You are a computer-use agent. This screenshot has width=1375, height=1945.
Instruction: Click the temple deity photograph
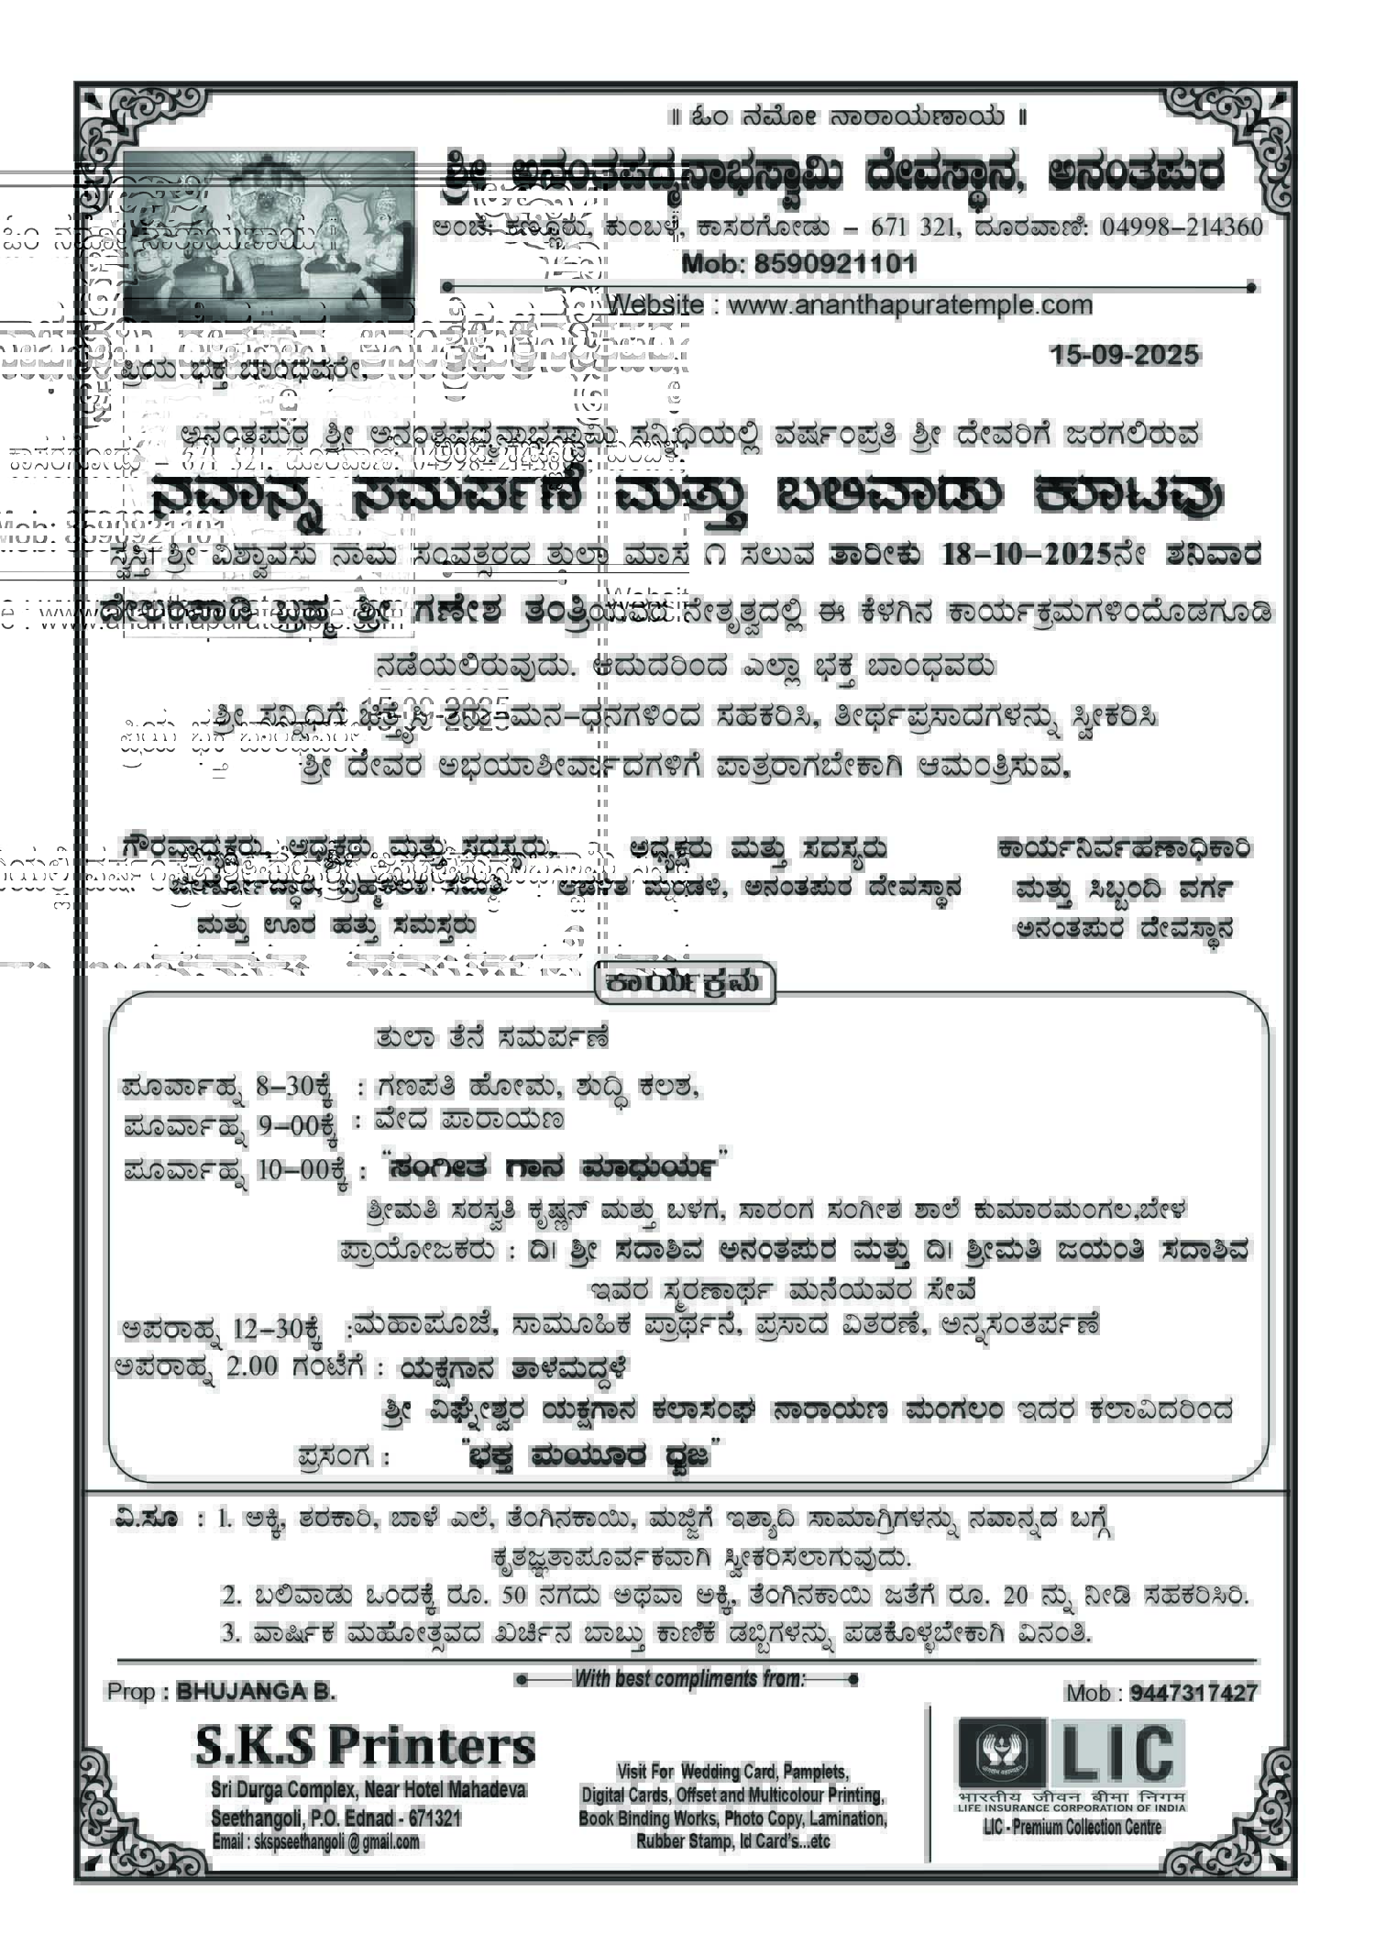268,235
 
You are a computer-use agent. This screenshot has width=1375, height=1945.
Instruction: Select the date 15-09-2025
1125,355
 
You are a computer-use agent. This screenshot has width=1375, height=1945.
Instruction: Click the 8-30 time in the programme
285,1087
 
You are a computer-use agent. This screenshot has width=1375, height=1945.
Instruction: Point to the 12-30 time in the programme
266,1327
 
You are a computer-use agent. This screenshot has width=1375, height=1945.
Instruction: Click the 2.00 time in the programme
251,1366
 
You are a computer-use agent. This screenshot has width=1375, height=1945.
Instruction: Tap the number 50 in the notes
513,1595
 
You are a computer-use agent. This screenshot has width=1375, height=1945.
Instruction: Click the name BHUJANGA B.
257,1690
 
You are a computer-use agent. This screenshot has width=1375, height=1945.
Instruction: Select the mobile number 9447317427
1193,1692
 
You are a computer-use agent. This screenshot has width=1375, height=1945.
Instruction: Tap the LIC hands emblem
1001,1752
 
